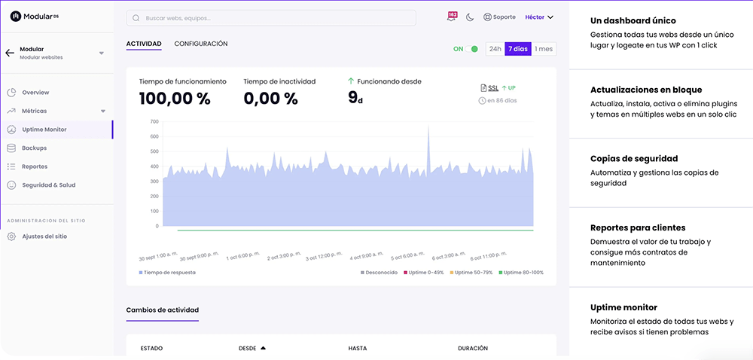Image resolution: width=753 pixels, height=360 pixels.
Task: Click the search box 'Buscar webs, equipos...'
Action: point(271,17)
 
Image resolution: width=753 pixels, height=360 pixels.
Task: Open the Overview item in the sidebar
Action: point(35,93)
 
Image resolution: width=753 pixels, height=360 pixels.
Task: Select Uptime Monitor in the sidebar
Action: point(44,130)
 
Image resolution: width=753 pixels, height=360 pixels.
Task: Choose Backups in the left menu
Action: point(34,148)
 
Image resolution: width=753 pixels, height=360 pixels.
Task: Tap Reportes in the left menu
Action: point(35,166)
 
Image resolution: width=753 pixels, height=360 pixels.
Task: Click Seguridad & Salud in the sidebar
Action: point(48,185)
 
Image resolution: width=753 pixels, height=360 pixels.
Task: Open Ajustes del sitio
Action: point(44,236)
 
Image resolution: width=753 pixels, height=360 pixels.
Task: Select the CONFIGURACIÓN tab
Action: point(201,44)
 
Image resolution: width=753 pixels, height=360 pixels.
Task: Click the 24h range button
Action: point(495,49)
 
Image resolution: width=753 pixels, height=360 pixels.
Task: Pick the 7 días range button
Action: point(517,49)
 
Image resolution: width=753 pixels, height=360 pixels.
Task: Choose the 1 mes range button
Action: point(544,49)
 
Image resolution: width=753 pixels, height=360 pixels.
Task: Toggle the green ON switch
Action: point(471,49)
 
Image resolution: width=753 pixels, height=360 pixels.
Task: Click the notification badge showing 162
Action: point(452,16)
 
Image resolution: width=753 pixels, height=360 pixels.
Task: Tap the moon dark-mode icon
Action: point(471,17)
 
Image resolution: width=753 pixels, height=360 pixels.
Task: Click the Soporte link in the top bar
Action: point(499,17)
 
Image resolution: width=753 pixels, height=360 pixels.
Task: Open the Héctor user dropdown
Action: point(539,17)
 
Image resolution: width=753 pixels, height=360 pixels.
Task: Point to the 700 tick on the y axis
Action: point(154,121)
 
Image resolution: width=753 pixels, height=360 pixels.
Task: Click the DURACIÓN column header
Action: point(473,349)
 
